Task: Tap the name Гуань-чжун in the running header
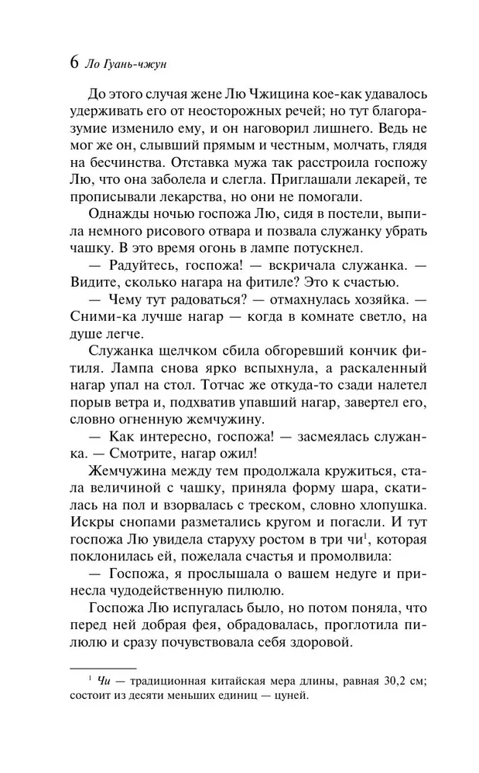click(135, 65)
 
